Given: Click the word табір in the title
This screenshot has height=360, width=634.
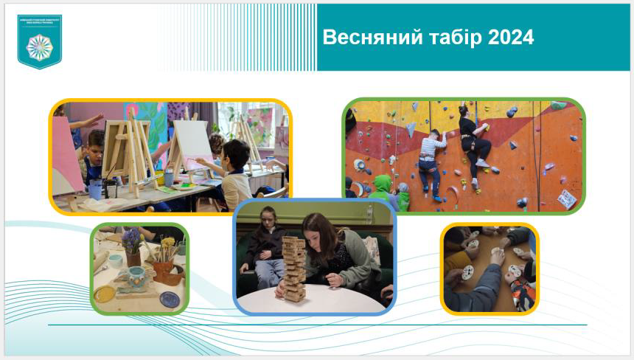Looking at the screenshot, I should coord(451,38).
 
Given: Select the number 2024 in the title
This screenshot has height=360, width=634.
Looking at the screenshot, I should coord(511,38).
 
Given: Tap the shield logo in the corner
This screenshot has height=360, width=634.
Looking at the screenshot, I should coord(40,41).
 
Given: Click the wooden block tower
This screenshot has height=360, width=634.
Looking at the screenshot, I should coord(293,268).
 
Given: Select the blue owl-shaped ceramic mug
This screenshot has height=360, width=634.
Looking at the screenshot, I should coord(137,278).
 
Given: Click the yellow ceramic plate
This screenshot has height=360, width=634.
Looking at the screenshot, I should coord(104,294).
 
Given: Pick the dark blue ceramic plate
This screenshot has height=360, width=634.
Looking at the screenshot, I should coord(169,299).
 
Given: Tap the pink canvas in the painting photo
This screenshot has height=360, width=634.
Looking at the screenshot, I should coord(66,155).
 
